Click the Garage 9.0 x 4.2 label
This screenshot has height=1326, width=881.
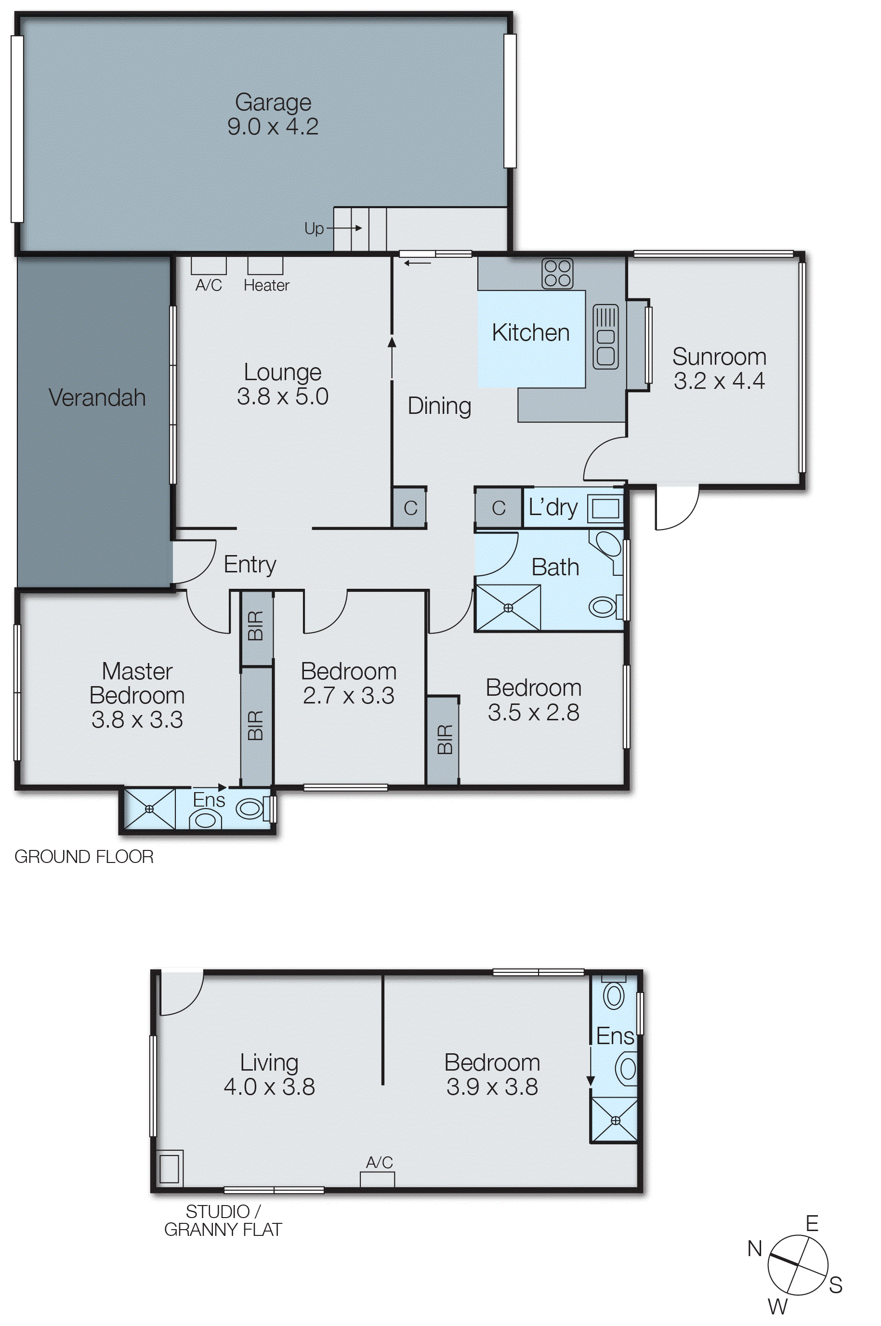pos(273,114)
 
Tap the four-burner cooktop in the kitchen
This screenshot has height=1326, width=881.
pos(557,273)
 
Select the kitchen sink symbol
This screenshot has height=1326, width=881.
pos(605,337)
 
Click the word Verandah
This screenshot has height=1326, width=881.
pos(97,398)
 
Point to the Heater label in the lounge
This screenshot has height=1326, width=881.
pos(266,285)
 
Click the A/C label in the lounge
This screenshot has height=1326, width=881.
pos(209,285)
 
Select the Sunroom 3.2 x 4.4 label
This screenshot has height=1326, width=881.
pos(719,369)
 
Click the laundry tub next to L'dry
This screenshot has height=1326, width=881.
pos(605,508)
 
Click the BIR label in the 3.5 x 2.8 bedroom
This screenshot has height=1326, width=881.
pos(444,740)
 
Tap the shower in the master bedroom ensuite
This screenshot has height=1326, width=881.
pos(149,809)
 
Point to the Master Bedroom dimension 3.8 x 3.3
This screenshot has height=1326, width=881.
pos(137,720)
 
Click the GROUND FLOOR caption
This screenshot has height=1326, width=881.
pos(84,857)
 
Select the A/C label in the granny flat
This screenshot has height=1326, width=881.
pos(379,1163)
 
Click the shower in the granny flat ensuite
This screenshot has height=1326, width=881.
pos(615,1120)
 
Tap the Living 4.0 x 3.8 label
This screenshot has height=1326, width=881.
pos(269,1074)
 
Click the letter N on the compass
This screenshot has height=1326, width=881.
pos(755,1249)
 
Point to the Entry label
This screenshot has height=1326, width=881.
pos(250,564)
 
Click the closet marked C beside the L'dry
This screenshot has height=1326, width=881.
pos(499,508)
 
